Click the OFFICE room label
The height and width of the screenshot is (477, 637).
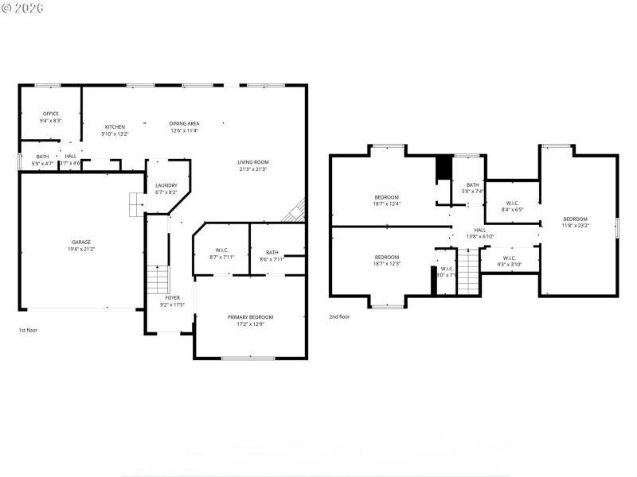pos(51,114)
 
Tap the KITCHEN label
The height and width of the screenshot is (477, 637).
pos(115,127)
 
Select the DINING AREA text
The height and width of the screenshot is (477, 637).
pos(184,123)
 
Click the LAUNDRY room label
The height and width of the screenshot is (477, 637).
pos(166,185)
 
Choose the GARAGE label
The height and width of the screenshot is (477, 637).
pos(81,242)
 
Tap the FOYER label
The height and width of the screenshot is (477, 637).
pos(172,297)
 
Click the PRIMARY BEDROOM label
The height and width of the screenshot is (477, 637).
pos(250,317)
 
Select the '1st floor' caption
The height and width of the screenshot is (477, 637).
pos(28,330)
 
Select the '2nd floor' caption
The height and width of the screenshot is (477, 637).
pos(339,316)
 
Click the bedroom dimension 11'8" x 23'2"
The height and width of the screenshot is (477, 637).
pos(575,226)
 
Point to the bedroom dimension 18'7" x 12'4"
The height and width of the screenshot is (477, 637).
pos(387,204)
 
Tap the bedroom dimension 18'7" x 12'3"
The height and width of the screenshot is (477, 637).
pos(387,263)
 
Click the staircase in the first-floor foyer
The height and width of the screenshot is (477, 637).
pos(159,280)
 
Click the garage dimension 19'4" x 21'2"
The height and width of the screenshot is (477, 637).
pos(81,249)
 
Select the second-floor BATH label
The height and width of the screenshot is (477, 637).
pos(473,185)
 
